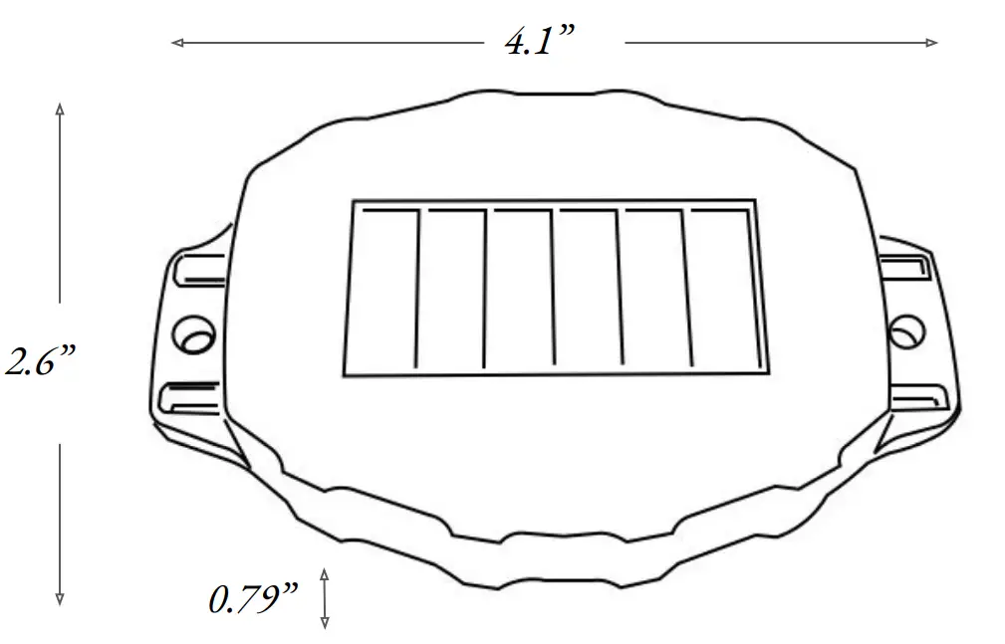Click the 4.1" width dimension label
(x=540, y=43)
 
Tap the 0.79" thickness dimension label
(x=253, y=600)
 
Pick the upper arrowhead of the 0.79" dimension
(x=324, y=574)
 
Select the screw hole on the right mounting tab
(x=906, y=331)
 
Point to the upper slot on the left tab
(x=197, y=270)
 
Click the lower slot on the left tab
(x=192, y=397)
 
